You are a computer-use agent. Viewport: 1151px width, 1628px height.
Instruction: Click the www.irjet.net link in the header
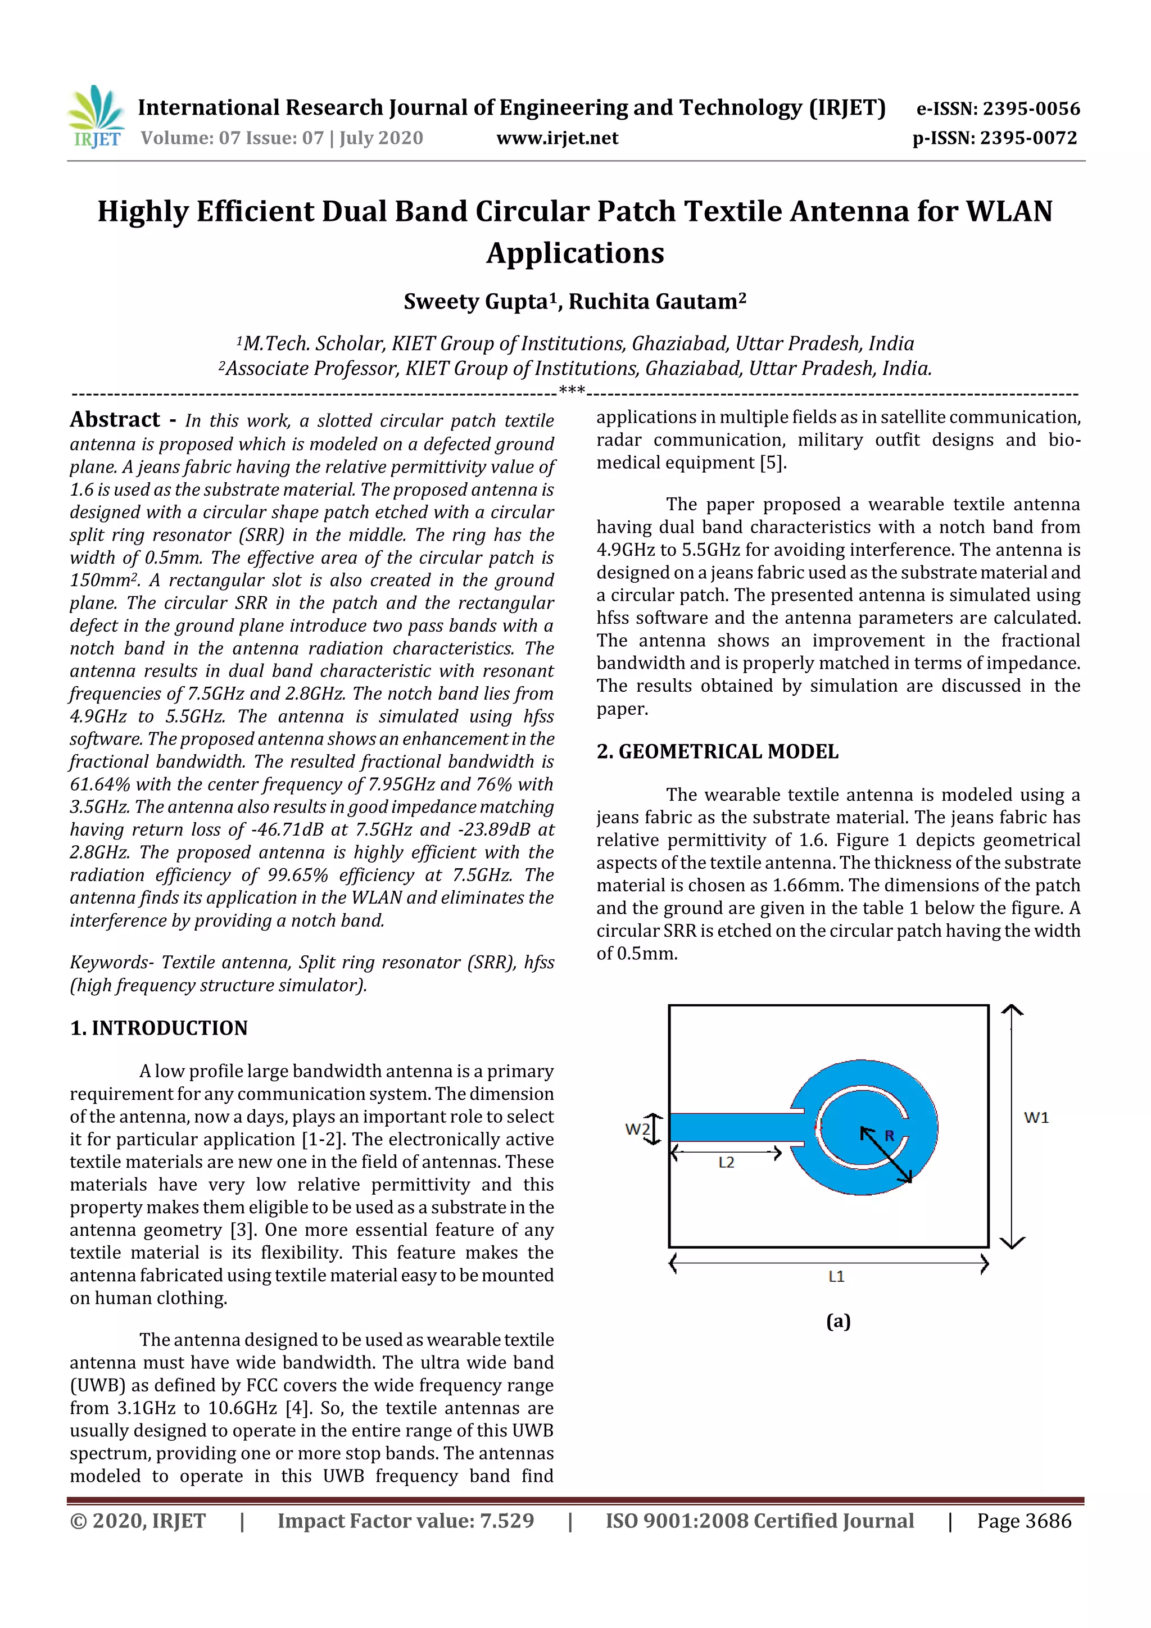(x=557, y=138)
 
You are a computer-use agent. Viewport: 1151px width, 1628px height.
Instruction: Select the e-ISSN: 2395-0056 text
(x=998, y=108)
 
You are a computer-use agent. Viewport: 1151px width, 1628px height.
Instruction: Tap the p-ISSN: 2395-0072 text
(x=994, y=138)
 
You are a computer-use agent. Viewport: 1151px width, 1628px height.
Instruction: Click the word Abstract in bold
(x=115, y=420)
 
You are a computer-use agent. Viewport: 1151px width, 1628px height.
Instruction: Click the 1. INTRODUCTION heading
(x=159, y=1028)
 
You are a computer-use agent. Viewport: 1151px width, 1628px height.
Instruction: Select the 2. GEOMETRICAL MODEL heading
(x=717, y=751)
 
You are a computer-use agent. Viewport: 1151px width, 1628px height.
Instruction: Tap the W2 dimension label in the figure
(x=636, y=1128)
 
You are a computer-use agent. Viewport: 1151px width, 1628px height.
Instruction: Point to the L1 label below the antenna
(x=836, y=1276)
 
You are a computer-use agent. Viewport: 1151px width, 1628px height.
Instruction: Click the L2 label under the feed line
(x=726, y=1162)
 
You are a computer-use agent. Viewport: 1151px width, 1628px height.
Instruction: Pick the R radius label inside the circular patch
(x=889, y=1136)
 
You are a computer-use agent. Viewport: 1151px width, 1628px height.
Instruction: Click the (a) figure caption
(x=839, y=1321)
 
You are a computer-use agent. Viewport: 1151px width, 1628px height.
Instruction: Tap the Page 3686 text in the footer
(x=1024, y=1520)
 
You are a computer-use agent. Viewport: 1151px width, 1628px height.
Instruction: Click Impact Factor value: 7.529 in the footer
(x=406, y=1520)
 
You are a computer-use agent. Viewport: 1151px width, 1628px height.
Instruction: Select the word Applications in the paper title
(x=575, y=253)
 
